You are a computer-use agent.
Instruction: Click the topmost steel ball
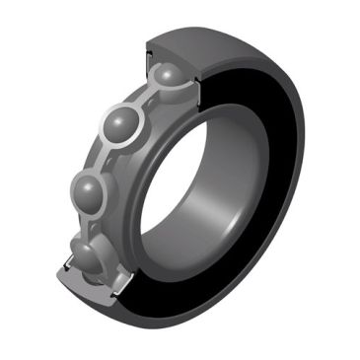tap(165, 77)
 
